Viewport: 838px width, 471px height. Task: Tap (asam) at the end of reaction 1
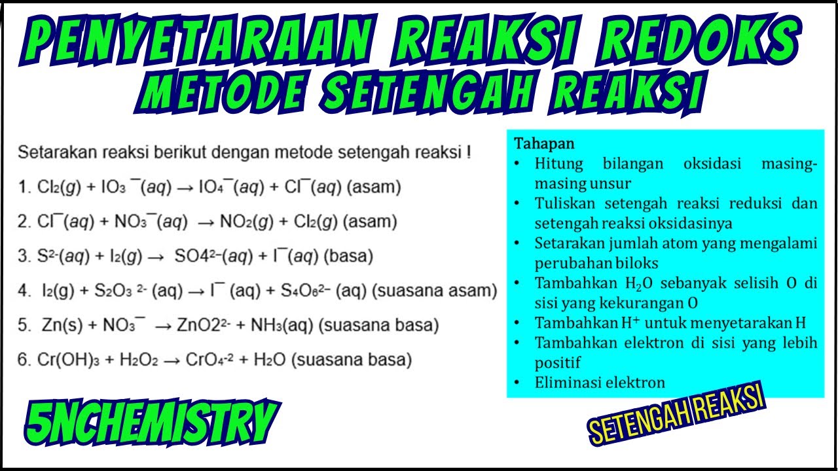[x=373, y=188]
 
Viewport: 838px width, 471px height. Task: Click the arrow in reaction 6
[x=170, y=360]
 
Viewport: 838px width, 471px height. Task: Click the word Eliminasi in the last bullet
[x=564, y=383]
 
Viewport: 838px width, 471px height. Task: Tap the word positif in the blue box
[x=558, y=363]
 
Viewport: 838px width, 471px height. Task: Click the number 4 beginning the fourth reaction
[x=22, y=290]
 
